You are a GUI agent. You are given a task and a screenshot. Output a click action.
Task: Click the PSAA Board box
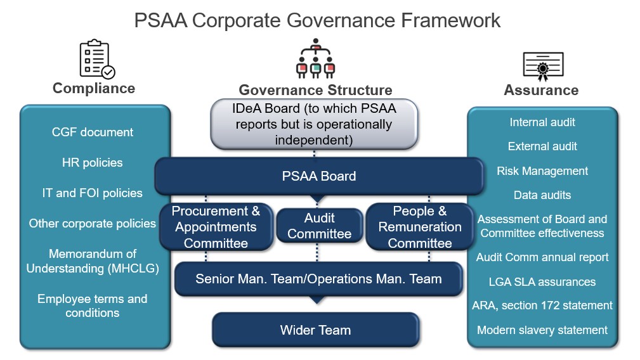click(x=319, y=176)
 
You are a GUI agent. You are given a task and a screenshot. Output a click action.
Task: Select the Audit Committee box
click(x=319, y=226)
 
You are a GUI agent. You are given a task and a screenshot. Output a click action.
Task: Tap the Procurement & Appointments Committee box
click(x=216, y=227)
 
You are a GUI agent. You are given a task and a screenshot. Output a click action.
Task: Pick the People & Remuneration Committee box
click(x=420, y=227)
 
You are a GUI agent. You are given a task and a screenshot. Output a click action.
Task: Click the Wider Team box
click(x=315, y=330)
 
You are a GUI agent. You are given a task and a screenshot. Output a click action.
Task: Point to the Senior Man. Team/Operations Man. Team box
click(x=318, y=279)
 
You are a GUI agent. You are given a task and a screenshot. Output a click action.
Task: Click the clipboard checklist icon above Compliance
click(x=96, y=60)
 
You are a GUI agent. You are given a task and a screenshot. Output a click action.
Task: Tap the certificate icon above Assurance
click(x=543, y=65)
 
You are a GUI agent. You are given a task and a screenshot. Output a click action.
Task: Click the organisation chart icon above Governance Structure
click(x=315, y=59)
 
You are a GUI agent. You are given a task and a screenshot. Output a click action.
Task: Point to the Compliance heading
click(x=94, y=88)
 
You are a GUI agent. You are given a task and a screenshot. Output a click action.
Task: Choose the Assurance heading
click(x=541, y=90)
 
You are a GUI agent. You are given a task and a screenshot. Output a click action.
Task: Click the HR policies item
click(x=93, y=162)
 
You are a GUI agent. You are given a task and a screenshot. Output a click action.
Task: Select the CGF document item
click(x=93, y=132)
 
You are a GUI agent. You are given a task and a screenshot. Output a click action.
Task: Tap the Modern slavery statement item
click(x=542, y=330)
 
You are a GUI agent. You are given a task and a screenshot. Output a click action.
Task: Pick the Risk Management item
click(x=542, y=171)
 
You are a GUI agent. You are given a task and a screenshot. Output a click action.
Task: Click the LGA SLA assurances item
click(x=542, y=281)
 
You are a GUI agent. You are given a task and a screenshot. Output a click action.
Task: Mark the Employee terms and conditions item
click(x=93, y=305)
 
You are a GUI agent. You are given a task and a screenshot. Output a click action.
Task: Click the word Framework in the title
click(x=451, y=20)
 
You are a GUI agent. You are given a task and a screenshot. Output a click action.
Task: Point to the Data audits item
click(x=542, y=195)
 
